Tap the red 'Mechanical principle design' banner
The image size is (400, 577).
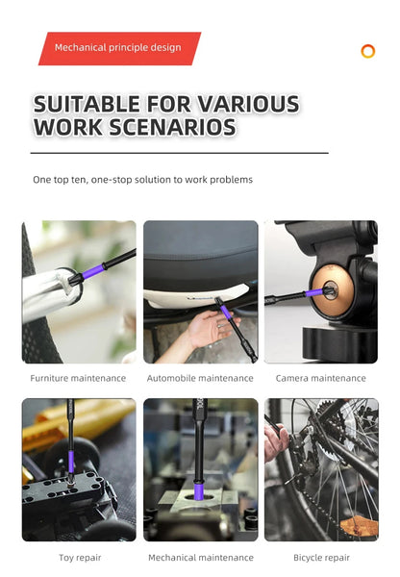tap(119, 49)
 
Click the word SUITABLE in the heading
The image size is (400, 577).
tap(87, 104)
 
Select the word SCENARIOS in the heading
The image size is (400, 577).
tap(172, 127)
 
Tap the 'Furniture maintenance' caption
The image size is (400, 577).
tap(78, 378)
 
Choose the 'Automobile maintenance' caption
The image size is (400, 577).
tap(200, 378)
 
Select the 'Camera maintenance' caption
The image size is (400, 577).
tap(320, 378)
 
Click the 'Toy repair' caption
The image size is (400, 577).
tap(80, 558)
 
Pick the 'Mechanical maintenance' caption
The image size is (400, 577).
tap(201, 558)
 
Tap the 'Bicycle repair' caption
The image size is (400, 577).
tap(321, 558)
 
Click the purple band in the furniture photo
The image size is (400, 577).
tap(92, 271)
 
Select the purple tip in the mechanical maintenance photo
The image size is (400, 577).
tap(199, 491)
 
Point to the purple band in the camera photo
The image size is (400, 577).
tap(314, 293)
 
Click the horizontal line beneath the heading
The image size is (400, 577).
tap(180, 153)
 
